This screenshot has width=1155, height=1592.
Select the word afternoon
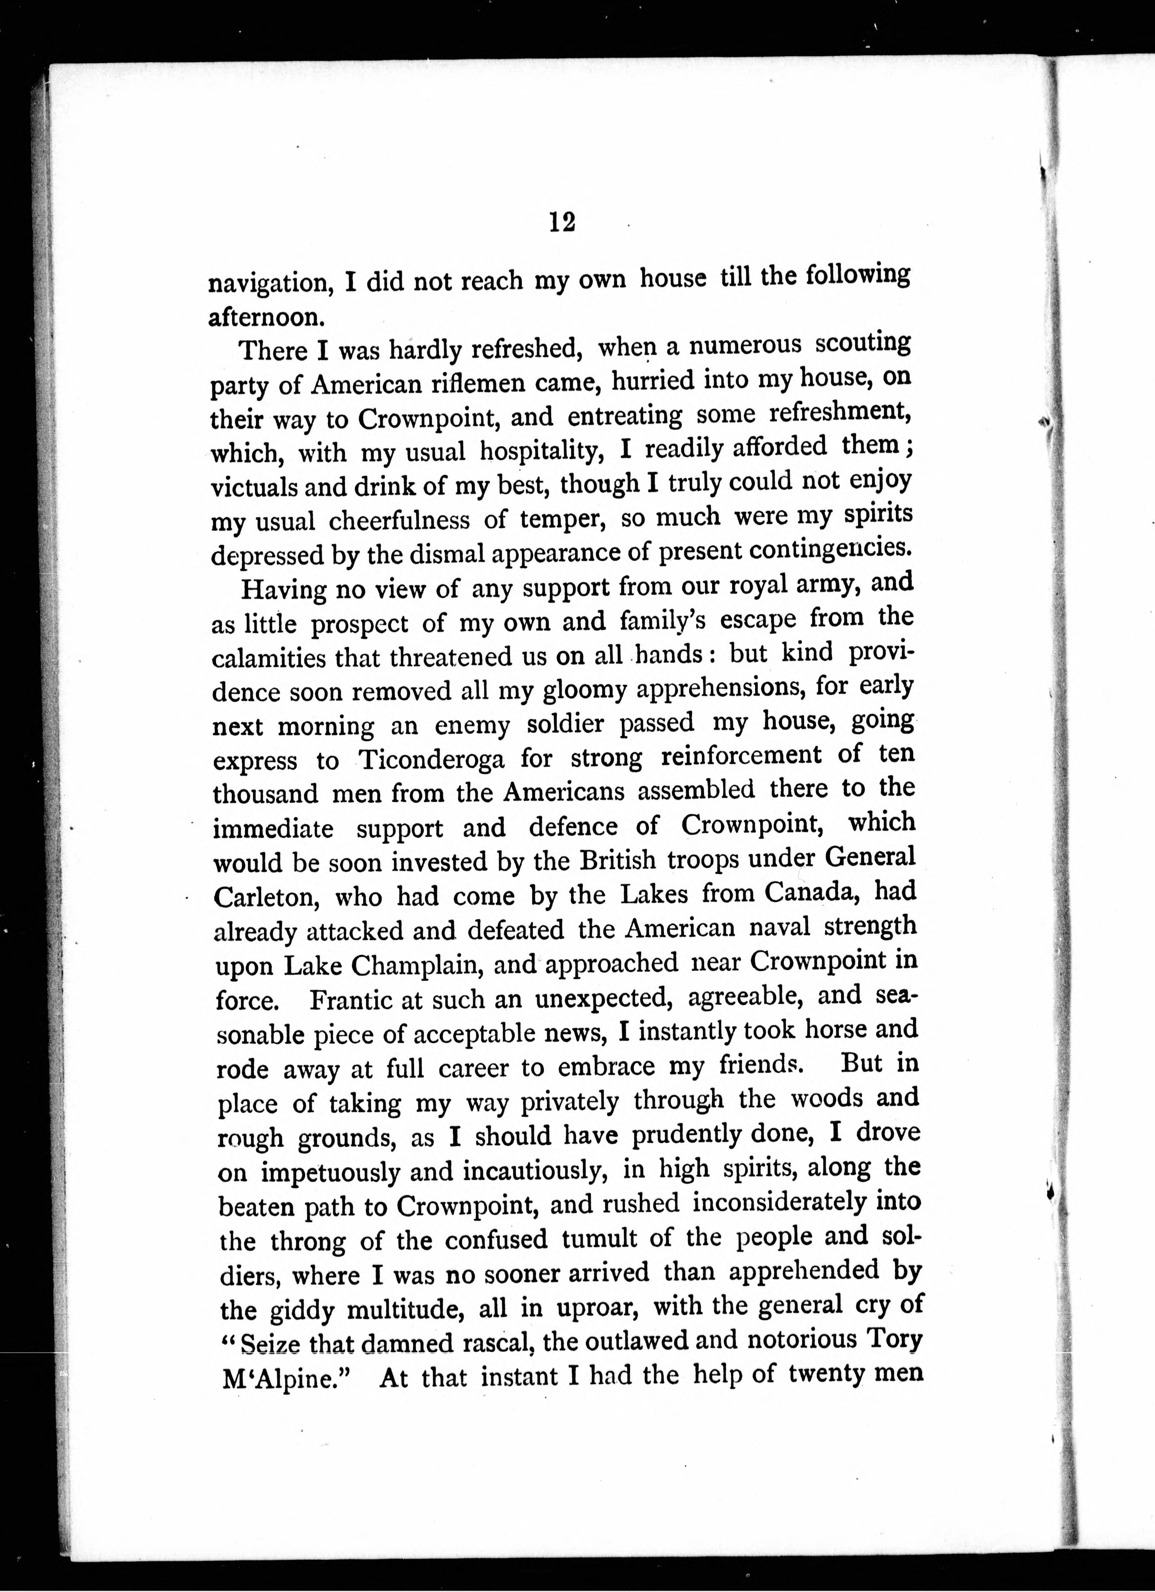(x=267, y=317)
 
